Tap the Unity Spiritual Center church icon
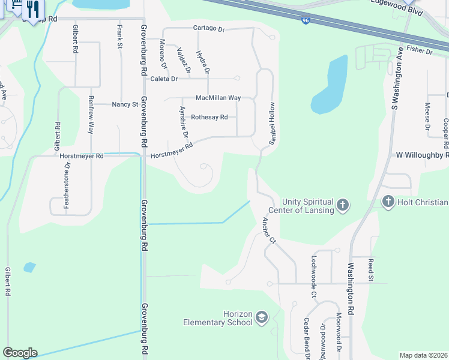[342, 205]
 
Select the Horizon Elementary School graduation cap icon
[261, 317]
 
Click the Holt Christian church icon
[388, 202]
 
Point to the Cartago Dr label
[208, 28]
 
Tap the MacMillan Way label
[218, 98]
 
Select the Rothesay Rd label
[209, 118]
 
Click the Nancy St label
[125, 104]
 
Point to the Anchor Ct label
[268, 231]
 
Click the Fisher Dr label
[419, 51]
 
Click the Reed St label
[371, 270]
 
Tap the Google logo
[20, 353]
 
